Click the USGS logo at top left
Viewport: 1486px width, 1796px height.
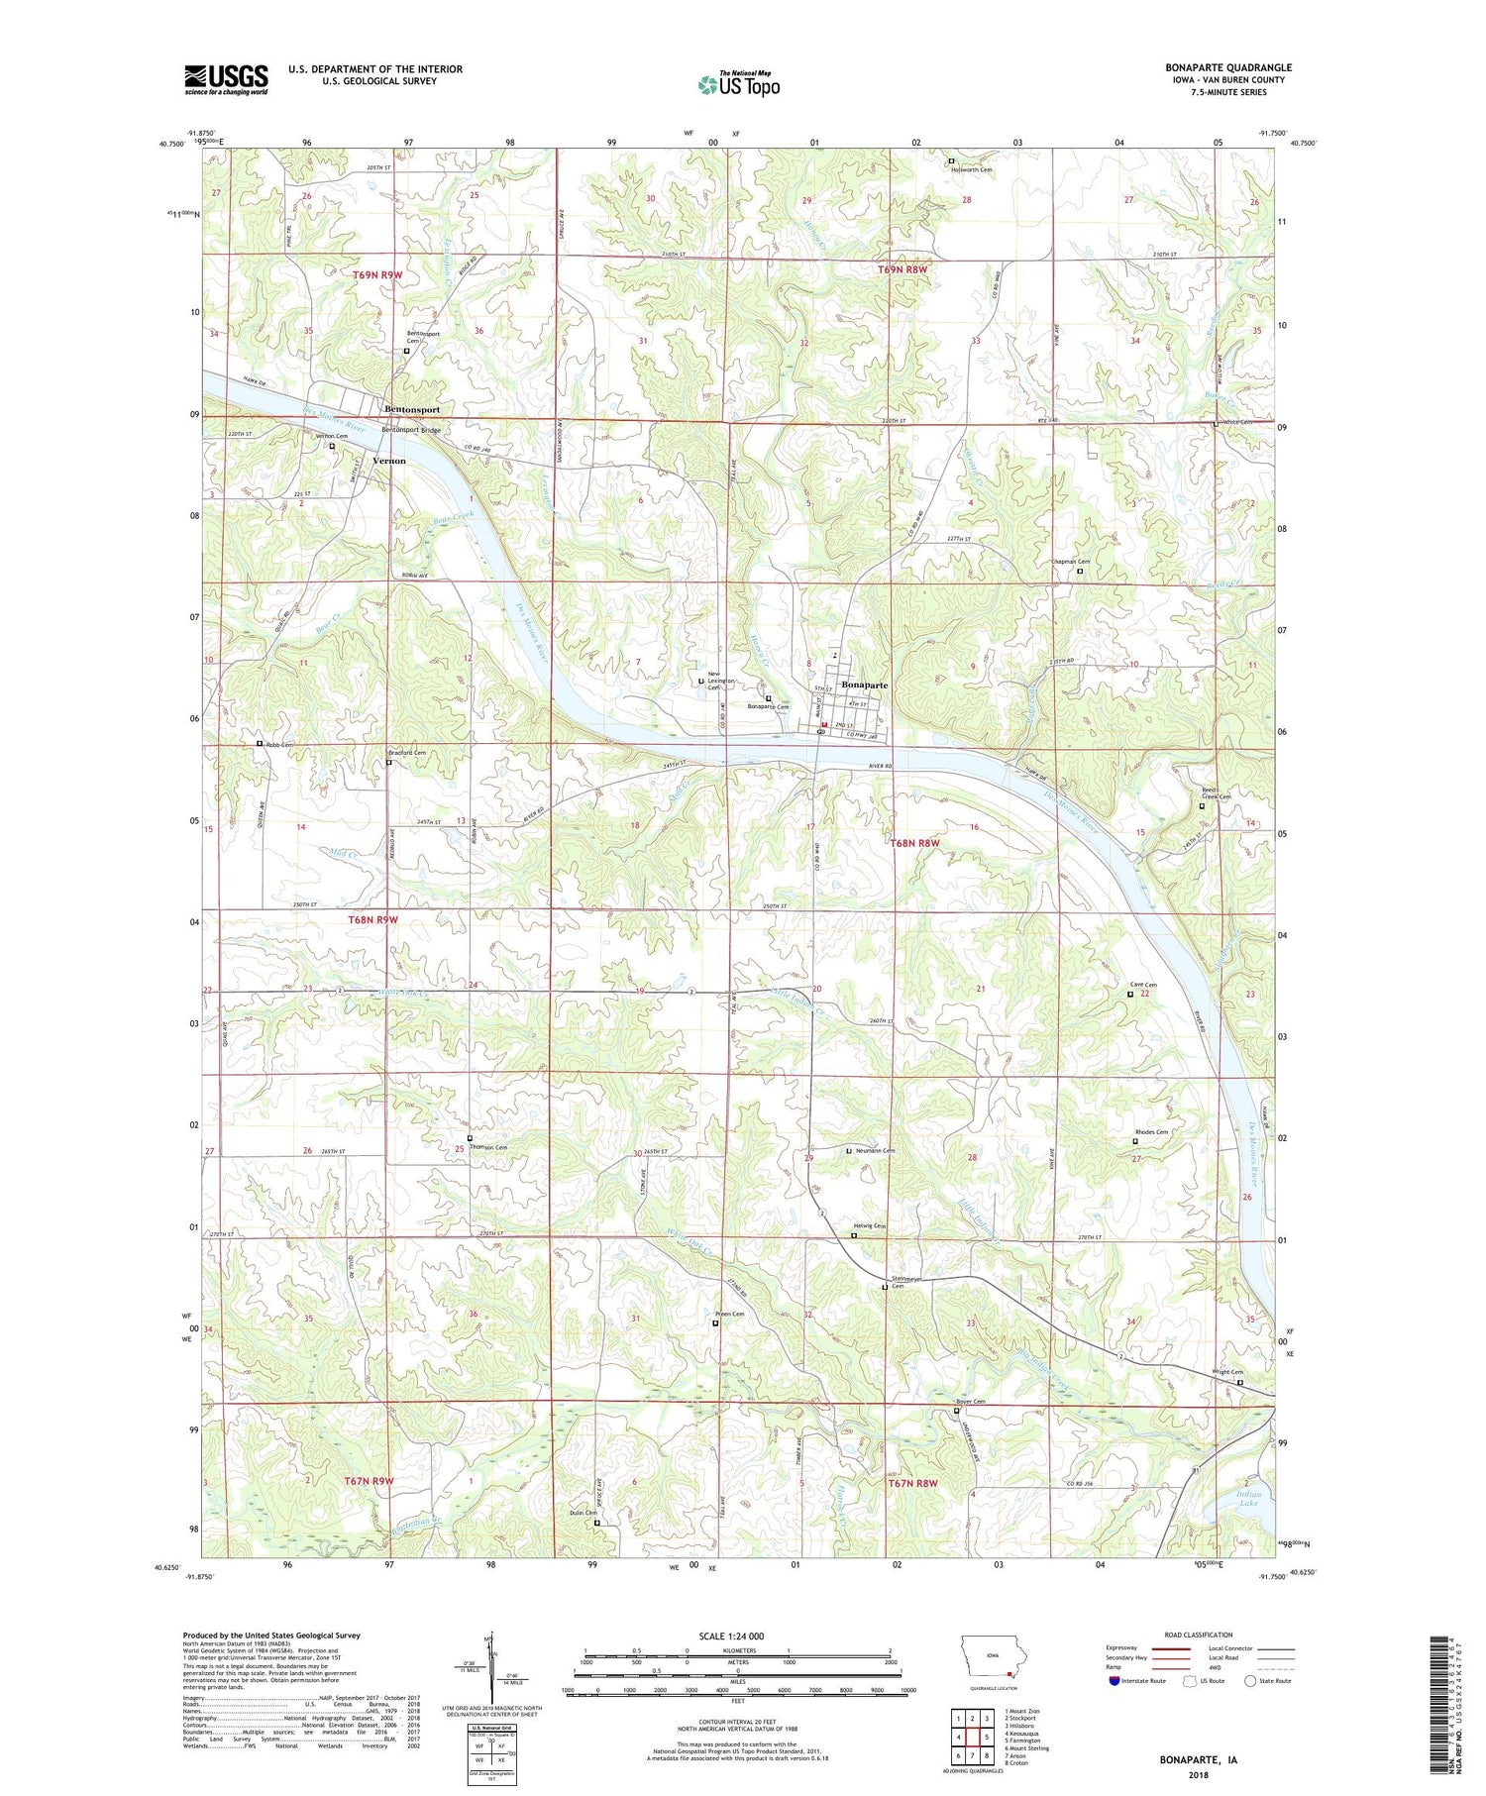click(226, 79)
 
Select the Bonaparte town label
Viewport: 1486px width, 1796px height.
click(865, 685)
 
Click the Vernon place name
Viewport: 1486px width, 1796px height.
click(388, 461)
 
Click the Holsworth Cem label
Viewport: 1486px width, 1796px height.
click(972, 169)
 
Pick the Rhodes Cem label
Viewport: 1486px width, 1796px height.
click(1151, 1132)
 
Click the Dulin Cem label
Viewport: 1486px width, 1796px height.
click(583, 1540)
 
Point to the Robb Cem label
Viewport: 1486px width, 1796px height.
click(279, 744)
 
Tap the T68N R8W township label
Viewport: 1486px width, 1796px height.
click(913, 843)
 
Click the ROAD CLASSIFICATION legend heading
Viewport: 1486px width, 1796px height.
click(1199, 1635)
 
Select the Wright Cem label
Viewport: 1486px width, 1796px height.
click(1227, 1372)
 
